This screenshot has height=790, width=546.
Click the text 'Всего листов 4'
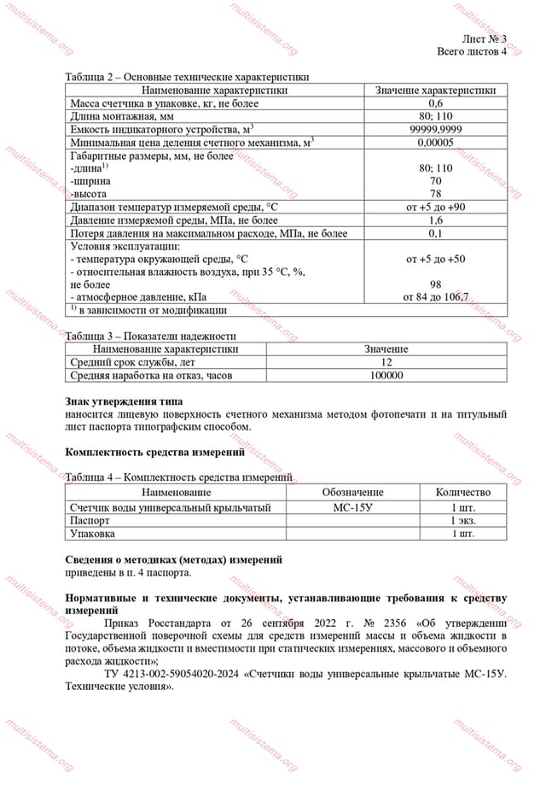click(x=471, y=51)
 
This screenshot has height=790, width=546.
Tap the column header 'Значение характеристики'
click(x=435, y=90)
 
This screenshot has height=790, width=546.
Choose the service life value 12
click(x=386, y=362)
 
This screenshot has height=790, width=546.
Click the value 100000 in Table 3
click(x=386, y=375)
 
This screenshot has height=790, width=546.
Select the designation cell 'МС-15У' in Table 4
click(x=352, y=507)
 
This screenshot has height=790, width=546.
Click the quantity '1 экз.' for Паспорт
click(x=462, y=520)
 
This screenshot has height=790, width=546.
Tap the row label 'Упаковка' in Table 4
click(x=92, y=533)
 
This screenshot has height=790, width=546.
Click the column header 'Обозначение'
click(x=352, y=493)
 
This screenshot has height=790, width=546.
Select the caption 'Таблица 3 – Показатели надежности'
click(x=150, y=336)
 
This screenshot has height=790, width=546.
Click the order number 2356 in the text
click(x=375, y=623)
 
